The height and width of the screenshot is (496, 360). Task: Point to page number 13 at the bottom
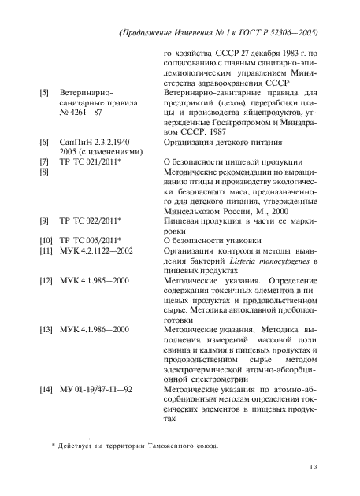(314, 468)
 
